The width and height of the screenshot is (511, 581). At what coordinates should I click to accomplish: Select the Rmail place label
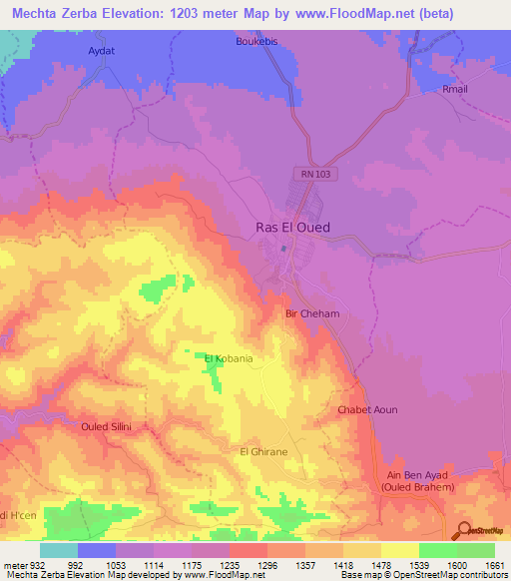tap(454, 90)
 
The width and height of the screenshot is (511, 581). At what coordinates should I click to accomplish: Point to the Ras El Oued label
tap(286, 228)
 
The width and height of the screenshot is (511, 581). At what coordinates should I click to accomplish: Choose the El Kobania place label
tap(228, 358)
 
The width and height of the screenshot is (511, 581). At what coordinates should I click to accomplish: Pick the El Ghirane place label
tap(263, 452)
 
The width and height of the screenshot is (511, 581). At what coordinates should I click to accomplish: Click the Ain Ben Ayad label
tap(417, 475)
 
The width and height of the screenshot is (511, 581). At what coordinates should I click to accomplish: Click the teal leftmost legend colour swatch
tap(59, 550)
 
